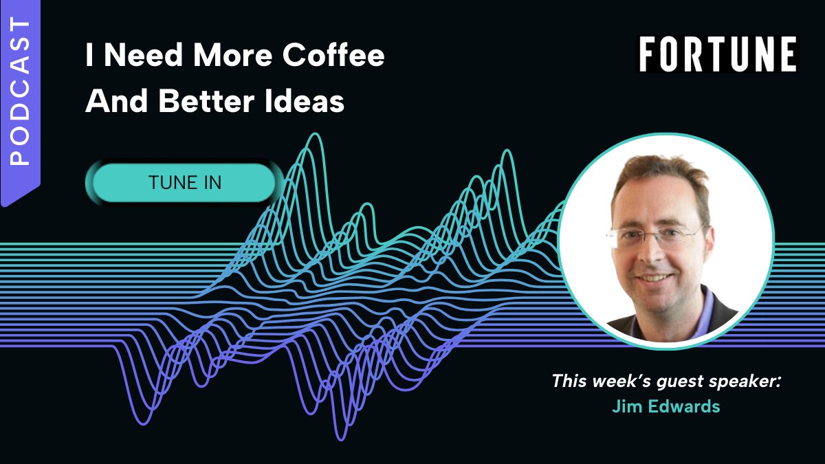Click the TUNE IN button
pos(184,183)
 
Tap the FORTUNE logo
pos(718,55)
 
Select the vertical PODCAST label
pos(21,93)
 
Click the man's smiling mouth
pos(654,278)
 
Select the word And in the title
pos(112,102)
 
